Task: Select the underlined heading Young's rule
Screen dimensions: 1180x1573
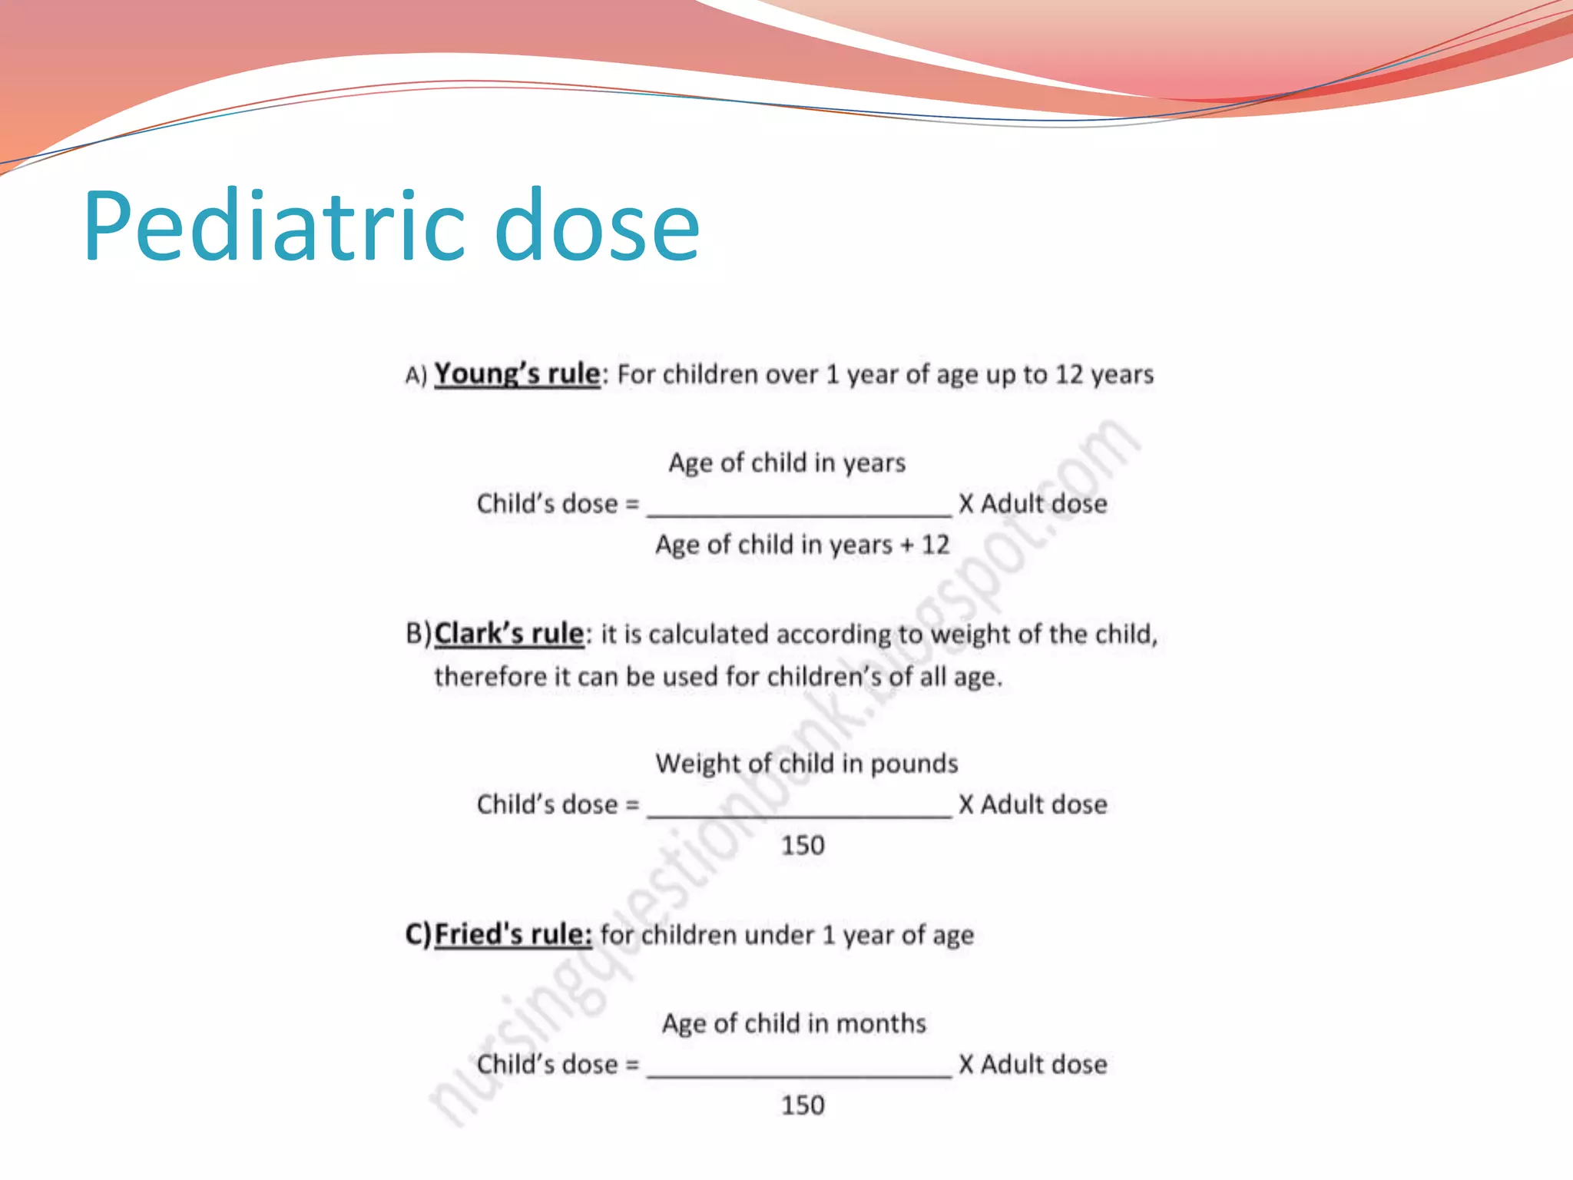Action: pyautogui.click(x=517, y=374)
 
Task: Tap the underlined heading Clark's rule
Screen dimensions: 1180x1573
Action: pyautogui.click(x=509, y=634)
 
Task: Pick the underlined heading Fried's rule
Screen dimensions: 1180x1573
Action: pyautogui.click(x=513, y=934)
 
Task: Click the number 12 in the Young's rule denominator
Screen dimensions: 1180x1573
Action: pyautogui.click(x=936, y=545)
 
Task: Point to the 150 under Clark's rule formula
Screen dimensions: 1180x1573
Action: pyautogui.click(x=803, y=845)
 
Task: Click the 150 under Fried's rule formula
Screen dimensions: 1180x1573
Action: pyautogui.click(x=803, y=1105)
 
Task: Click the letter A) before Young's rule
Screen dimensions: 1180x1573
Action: pyautogui.click(x=416, y=375)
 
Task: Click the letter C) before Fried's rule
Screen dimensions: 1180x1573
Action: pyautogui.click(x=419, y=934)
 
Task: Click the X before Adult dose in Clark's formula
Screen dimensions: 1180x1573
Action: pyautogui.click(x=966, y=804)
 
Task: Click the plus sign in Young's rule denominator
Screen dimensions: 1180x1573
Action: pyautogui.click(x=907, y=545)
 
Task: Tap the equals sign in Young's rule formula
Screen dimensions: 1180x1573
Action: pyautogui.click(x=632, y=504)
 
